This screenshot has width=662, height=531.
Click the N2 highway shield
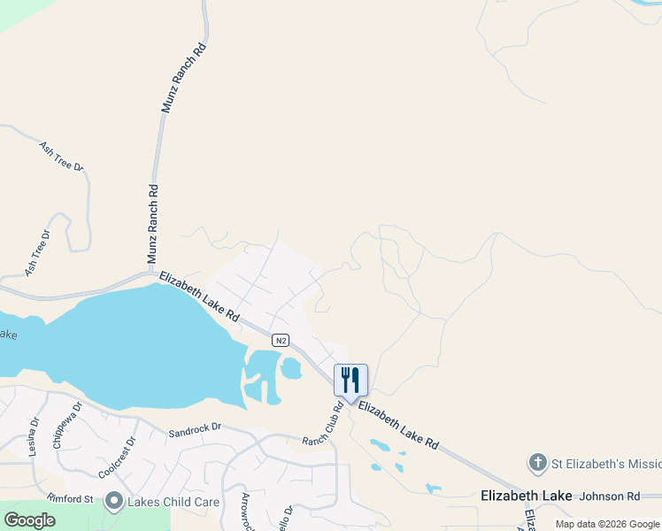pos(280,340)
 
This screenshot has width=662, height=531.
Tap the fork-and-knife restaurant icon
pos(350,381)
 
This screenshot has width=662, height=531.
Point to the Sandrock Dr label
pos(194,427)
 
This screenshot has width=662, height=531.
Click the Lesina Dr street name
pos(34,437)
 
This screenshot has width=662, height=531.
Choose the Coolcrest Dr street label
pos(117,455)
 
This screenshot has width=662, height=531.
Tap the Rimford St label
pos(71,499)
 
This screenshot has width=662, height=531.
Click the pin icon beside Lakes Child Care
pos(113,502)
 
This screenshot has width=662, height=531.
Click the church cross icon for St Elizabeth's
pos(536,463)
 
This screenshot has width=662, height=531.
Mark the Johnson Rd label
pos(609,496)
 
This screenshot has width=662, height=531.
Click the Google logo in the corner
pos(30,519)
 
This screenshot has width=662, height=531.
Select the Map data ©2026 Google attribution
pos(607,524)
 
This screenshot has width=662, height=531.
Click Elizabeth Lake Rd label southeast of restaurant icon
pos(399,427)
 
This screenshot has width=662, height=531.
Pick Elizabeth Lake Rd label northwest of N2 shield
pos(199,296)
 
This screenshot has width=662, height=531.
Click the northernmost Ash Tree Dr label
pos(60,154)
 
